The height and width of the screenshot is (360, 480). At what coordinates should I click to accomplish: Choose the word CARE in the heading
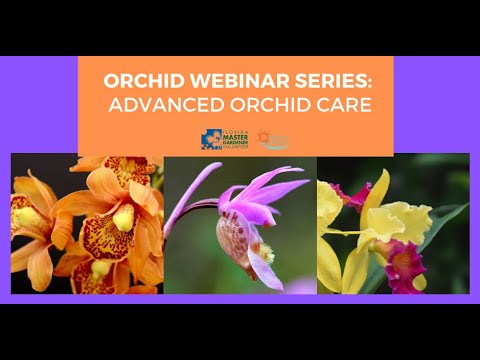[337, 105]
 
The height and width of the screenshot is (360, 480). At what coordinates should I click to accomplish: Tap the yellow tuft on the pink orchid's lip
[267, 256]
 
